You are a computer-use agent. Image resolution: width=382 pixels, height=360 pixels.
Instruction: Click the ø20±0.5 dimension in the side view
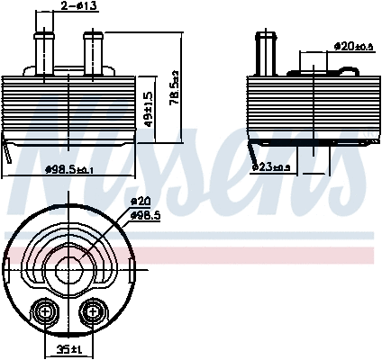[352, 45]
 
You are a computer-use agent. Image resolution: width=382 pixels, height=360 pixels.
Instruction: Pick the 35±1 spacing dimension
[68, 348]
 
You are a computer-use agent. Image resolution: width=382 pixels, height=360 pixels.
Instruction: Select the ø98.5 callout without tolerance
[147, 215]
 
